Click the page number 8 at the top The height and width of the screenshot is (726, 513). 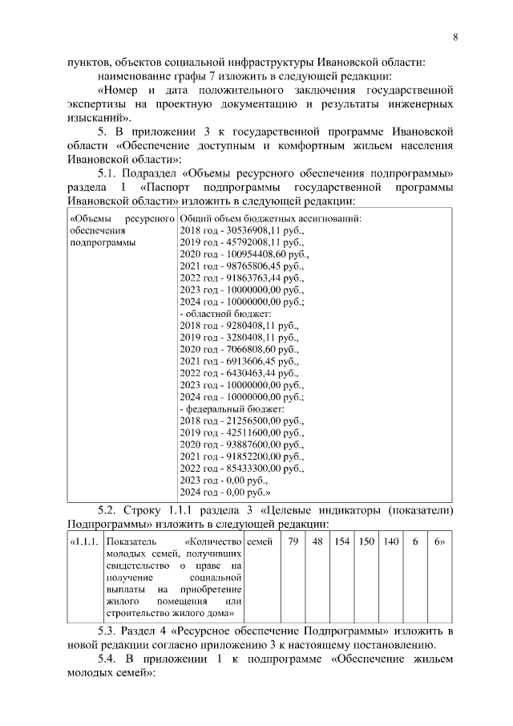(455, 37)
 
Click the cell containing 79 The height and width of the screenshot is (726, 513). (294, 542)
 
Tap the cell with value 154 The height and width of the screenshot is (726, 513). (342, 542)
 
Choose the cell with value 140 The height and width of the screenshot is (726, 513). (390, 542)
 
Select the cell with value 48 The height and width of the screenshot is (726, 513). (318, 542)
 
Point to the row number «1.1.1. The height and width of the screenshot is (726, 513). (84, 542)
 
